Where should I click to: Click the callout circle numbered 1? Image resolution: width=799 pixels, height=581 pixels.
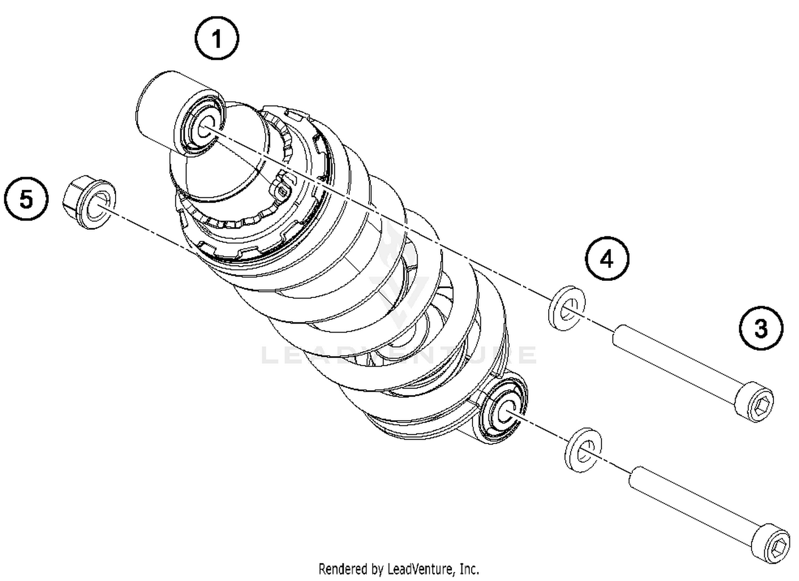click(216, 38)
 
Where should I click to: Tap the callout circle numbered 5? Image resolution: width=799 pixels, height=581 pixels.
click(26, 199)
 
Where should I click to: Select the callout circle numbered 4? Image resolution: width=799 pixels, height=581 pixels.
click(607, 259)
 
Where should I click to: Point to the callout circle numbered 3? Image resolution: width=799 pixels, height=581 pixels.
click(761, 328)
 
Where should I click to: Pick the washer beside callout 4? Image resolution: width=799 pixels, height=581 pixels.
click(567, 308)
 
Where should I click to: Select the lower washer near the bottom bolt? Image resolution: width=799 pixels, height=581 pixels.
click(583, 449)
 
